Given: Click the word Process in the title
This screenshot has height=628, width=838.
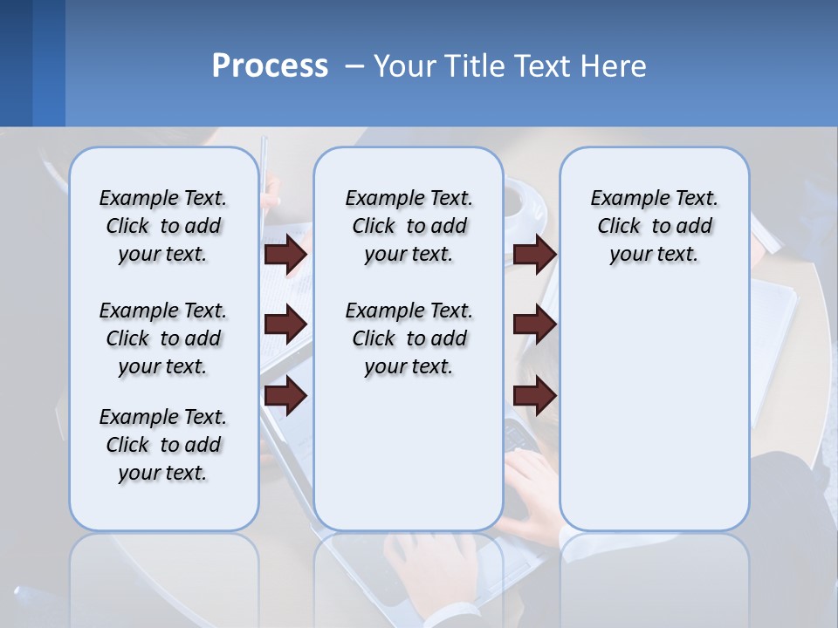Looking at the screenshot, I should pos(270,65).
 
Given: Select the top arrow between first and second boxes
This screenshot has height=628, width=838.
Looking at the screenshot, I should pos(285,254).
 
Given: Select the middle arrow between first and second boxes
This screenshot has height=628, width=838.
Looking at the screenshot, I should pos(285,324).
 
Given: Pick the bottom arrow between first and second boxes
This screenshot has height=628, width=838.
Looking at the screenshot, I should pos(285,396).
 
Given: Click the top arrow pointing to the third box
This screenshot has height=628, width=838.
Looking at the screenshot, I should pos(534,254).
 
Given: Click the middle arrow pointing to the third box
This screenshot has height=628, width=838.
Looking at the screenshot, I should pos(534,324).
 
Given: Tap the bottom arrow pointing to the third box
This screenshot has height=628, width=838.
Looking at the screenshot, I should pos(534,396).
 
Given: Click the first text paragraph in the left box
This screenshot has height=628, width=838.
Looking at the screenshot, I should pos(163,226).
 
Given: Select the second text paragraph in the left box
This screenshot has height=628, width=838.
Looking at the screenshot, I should pos(163,338).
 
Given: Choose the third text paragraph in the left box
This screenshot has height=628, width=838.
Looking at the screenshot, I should pos(163,445).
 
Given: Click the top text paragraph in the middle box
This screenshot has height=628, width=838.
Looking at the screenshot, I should pos(409,226).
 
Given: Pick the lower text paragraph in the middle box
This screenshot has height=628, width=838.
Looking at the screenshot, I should pos(409,338).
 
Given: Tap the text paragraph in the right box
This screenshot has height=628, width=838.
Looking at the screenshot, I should pos(654,226).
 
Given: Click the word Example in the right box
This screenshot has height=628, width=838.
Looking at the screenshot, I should pos(623,199).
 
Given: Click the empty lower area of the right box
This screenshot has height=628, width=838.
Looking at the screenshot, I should pos(654,410).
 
